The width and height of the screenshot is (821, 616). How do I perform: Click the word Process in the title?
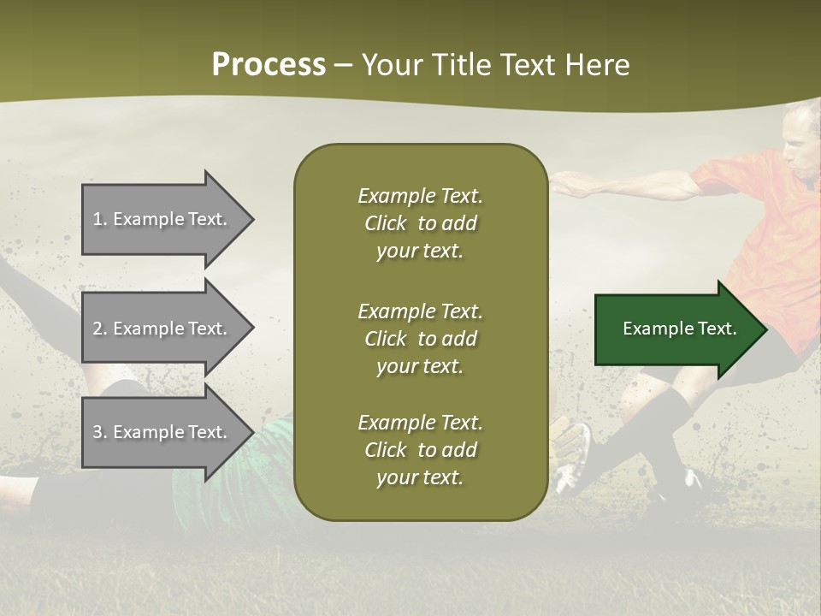(x=269, y=65)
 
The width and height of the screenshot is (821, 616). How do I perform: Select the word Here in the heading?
(x=594, y=65)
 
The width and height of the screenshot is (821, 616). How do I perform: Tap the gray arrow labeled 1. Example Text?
(x=162, y=219)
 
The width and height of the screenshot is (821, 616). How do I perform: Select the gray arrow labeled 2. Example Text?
(x=162, y=329)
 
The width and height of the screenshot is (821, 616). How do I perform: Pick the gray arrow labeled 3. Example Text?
(x=162, y=432)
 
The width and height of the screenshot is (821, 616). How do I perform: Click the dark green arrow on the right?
(x=676, y=329)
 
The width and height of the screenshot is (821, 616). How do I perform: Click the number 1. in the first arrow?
(x=100, y=219)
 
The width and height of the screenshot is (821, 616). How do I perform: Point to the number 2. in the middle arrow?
(x=100, y=329)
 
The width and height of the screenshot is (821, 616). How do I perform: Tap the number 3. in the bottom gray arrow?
(x=100, y=432)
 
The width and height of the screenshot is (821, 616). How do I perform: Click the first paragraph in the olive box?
(x=420, y=223)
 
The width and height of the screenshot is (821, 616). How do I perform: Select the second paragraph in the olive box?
(x=420, y=339)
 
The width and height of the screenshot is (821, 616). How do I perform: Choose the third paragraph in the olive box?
(x=420, y=450)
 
